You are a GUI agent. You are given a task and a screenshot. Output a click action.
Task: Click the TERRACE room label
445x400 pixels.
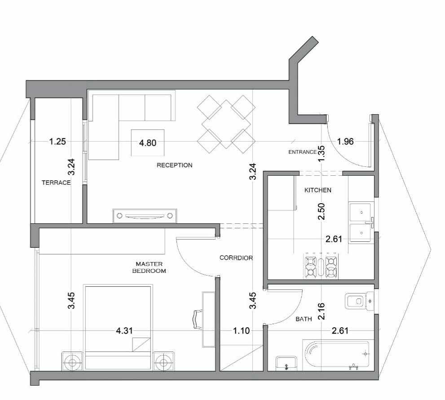click(56, 182)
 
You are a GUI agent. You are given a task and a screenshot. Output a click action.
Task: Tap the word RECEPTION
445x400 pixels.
click(175, 165)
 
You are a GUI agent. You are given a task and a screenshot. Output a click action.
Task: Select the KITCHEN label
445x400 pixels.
click(318, 190)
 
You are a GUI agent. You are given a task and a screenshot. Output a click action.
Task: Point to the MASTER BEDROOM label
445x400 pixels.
click(149, 267)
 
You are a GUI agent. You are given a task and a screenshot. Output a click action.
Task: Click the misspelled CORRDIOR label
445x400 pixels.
click(236, 258)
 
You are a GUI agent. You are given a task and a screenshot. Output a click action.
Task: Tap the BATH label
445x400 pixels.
click(304, 319)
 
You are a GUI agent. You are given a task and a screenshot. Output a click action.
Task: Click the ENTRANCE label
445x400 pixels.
click(303, 152)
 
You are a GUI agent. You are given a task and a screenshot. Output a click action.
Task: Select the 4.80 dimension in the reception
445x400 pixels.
click(148, 142)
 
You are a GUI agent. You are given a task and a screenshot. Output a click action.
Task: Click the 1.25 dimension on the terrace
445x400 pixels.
click(57, 141)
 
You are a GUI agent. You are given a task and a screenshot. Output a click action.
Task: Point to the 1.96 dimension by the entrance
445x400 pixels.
click(345, 141)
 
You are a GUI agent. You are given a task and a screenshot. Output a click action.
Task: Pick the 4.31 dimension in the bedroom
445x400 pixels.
click(124, 331)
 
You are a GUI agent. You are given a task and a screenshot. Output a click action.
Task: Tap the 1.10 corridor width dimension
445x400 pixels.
click(242, 331)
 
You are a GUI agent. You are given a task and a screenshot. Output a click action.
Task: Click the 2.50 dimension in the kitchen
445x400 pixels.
click(322, 211)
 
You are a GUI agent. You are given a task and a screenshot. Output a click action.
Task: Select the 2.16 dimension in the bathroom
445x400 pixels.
click(322, 311)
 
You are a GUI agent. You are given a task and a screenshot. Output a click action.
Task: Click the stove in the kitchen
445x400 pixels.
click(321, 266)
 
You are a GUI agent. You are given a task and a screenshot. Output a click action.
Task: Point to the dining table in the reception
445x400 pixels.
click(226, 124)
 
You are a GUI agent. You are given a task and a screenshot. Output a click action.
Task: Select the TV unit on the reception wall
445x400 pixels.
click(145, 216)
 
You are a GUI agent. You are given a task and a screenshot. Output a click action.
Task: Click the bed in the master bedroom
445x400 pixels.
click(118, 327)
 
